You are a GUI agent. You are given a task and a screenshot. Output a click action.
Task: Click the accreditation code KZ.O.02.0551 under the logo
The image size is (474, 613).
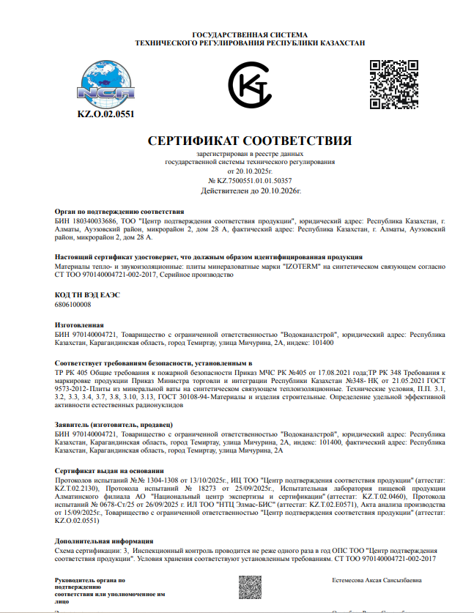pyautogui.click(x=106, y=114)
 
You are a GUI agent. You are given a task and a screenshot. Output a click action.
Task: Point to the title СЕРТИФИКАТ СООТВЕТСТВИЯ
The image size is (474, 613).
pyautogui.click(x=250, y=141)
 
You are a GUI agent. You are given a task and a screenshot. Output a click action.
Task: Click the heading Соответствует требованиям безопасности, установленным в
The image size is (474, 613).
pyautogui.click(x=154, y=363)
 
